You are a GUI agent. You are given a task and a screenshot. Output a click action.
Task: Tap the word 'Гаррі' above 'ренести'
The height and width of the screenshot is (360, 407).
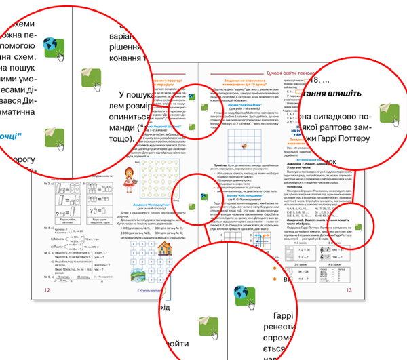[x=279, y=318]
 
